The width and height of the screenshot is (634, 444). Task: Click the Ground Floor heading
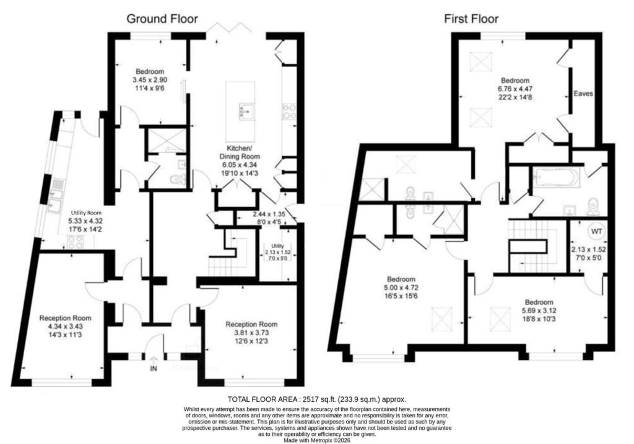click(162, 19)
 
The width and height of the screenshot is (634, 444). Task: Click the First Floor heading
click(471, 19)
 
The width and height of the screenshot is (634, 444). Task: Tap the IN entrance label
click(154, 368)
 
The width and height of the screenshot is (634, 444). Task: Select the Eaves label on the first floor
click(583, 94)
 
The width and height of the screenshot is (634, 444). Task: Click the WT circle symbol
click(596, 232)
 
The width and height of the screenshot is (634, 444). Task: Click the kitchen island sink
click(246, 110)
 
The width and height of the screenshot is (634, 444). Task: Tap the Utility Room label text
click(86, 213)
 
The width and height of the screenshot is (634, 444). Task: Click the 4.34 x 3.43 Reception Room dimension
click(65, 327)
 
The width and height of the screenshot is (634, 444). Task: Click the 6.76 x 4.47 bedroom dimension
click(515, 89)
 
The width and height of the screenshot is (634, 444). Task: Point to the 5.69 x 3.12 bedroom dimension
click(539, 311)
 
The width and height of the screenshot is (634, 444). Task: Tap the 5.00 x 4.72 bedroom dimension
click(401, 288)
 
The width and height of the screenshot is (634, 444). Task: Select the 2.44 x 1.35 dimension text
click(269, 214)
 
